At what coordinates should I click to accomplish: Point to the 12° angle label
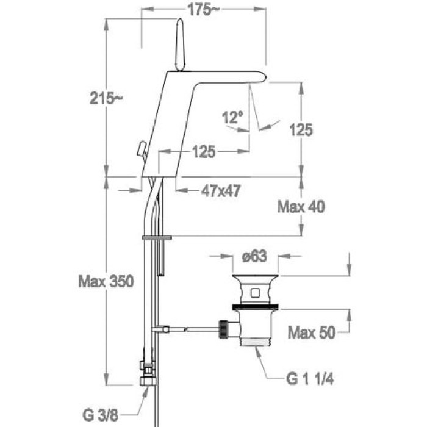(x=232, y=117)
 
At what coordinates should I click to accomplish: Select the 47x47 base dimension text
(x=220, y=191)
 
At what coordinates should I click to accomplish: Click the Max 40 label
(x=301, y=207)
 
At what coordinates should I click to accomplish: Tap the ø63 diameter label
(x=254, y=257)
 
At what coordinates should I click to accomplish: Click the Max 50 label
(x=310, y=332)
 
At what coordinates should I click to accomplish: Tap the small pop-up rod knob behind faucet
(x=142, y=149)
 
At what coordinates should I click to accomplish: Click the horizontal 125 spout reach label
(x=204, y=152)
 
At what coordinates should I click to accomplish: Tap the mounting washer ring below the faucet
(x=157, y=236)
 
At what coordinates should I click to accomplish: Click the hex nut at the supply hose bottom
(x=147, y=379)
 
